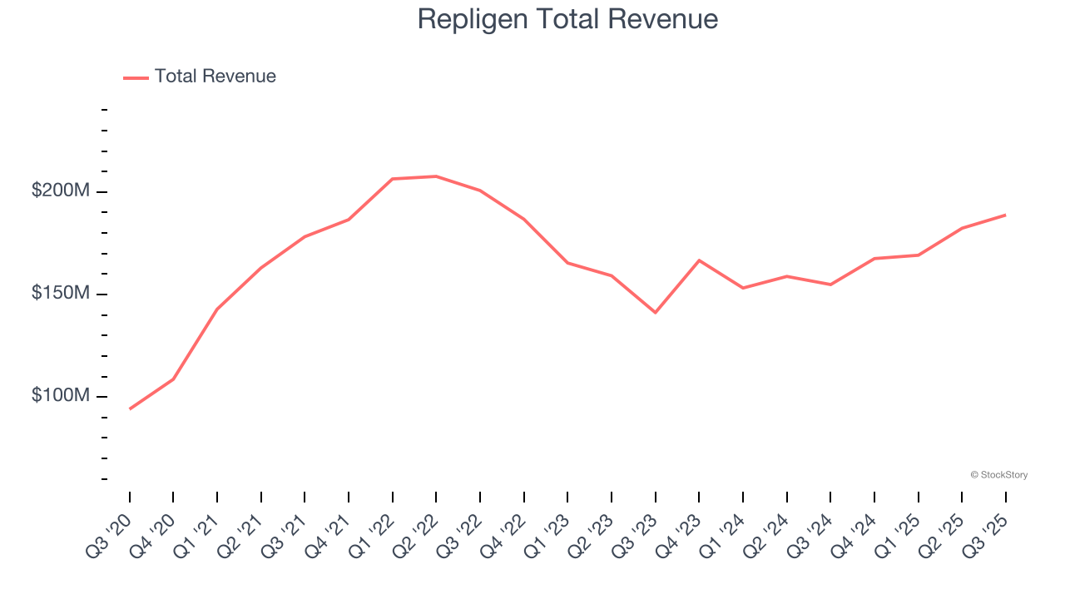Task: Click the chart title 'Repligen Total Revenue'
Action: (x=567, y=19)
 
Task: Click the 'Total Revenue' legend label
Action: (x=215, y=77)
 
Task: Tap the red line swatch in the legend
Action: (x=136, y=77)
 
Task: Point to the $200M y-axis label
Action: (x=60, y=191)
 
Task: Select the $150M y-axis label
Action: (x=60, y=293)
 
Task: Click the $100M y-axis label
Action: (x=60, y=395)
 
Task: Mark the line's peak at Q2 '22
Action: (x=436, y=176)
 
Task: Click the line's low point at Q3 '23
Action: (x=656, y=313)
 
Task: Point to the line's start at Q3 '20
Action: (x=130, y=408)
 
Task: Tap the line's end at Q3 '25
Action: (x=1006, y=215)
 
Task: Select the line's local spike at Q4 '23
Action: (x=699, y=260)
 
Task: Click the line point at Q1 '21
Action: (x=217, y=309)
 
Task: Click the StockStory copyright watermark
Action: (x=998, y=475)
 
